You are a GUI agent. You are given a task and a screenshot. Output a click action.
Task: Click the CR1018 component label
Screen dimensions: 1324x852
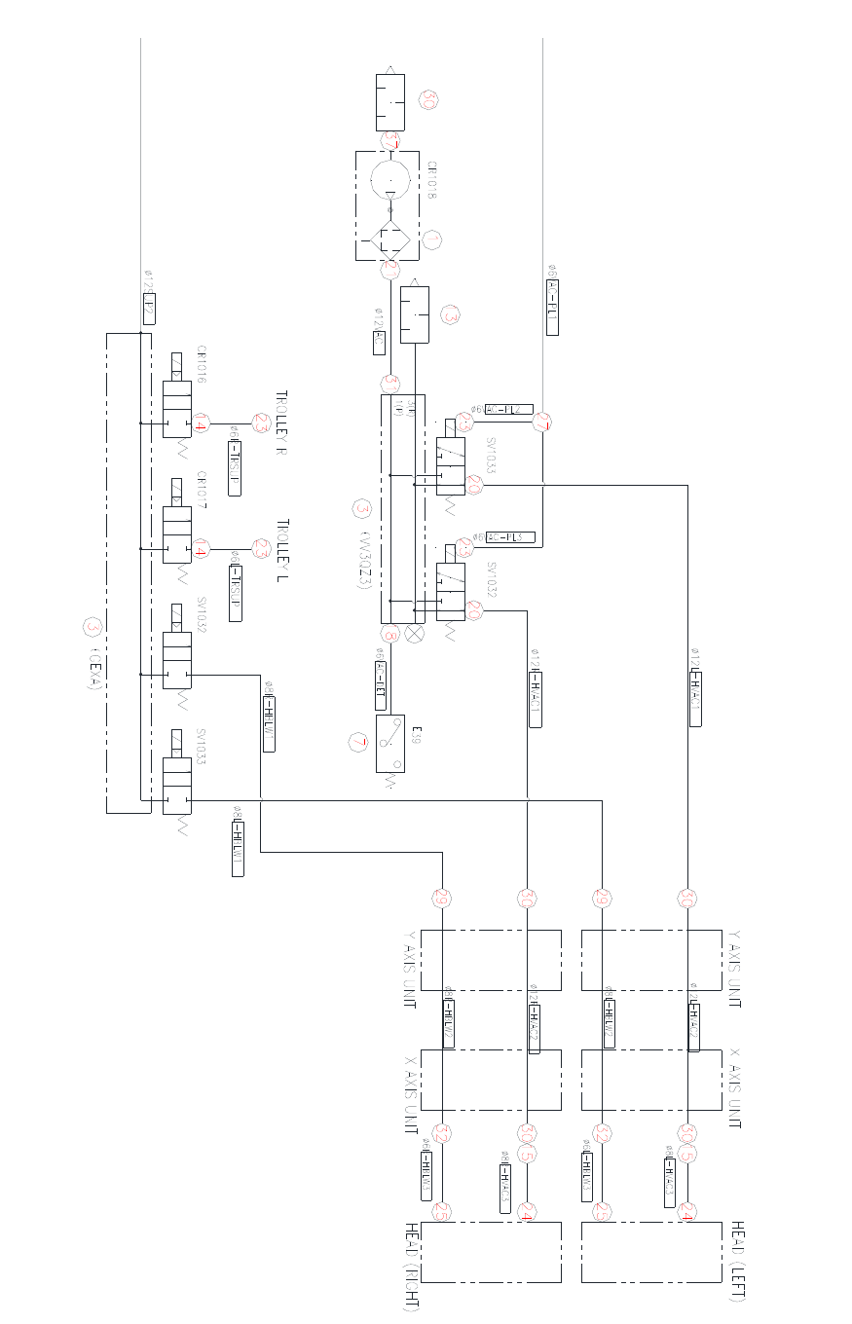point(430,181)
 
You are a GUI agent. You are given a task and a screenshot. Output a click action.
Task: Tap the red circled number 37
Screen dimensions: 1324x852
point(390,141)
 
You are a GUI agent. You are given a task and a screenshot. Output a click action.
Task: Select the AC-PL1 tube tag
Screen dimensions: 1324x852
point(552,307)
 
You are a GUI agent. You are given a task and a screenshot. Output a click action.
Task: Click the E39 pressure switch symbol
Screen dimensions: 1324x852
point(390,744)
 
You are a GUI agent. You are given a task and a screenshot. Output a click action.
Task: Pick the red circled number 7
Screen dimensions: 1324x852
point(357,742)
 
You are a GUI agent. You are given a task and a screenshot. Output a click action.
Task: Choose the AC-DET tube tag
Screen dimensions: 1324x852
point(381,684)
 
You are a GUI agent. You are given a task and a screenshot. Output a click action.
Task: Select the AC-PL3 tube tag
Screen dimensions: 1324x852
point(510,537)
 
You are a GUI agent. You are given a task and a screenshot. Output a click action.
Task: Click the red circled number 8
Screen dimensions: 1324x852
point(390,635)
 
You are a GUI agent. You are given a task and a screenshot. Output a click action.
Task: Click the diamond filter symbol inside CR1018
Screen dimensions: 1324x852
point(390,239)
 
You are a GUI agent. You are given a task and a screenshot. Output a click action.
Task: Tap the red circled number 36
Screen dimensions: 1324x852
point(427,99)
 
